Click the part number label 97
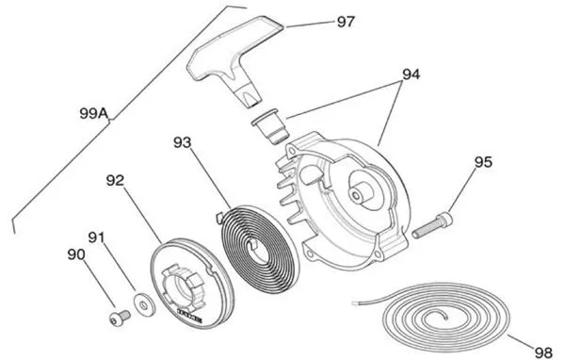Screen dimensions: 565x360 pos(346,22)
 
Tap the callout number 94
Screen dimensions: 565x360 pos(412,74)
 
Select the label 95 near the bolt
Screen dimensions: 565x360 pos(483,162)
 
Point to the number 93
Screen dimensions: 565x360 pos(183,142)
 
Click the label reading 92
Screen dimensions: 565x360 pos(115,181)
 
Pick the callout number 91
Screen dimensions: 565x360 pos(97,237)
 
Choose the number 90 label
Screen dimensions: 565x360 pos(76,254)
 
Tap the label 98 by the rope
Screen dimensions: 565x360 pos(543,352)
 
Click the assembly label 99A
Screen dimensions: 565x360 pos(94,114)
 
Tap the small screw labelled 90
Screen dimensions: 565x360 pos(120,318)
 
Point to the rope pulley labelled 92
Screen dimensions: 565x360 pos(192,283)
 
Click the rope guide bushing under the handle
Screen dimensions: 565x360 pos(270,126)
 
